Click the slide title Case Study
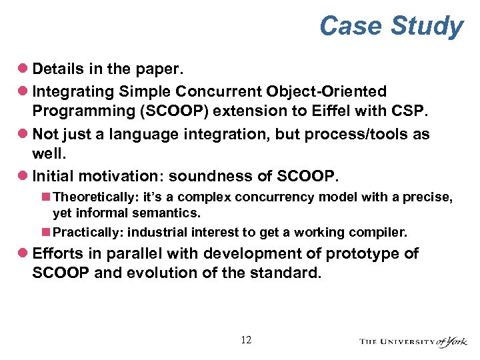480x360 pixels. click(391, 27)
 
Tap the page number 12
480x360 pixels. click(246, 340)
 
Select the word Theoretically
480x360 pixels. click(89, 198)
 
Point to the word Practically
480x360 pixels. click(87, 232)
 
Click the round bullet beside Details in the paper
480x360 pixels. click(22, 69)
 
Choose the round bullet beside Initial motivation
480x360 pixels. click(22, 177)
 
